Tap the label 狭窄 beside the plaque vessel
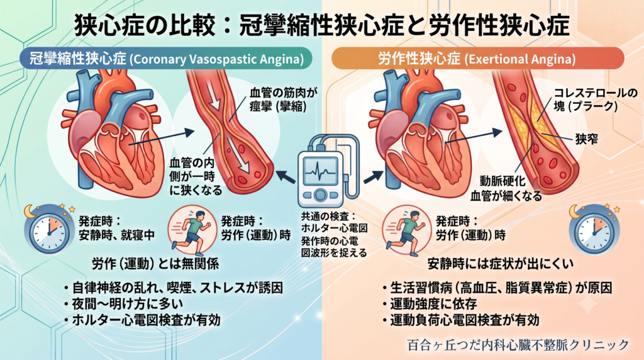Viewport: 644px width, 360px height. coord(586,139)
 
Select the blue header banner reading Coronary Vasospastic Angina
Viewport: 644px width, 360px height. coord(166,59)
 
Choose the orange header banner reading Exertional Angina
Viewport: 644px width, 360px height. coord(478,59)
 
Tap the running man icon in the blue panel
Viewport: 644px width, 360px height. coord(192,230)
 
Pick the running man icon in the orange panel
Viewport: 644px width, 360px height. coord(406,230)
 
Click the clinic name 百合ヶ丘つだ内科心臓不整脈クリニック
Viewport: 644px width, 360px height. coord(518,345)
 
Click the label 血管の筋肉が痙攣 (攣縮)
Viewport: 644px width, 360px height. coord(284,99)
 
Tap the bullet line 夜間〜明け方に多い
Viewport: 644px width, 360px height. coord(123,304)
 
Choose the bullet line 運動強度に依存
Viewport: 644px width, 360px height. coord(430,304)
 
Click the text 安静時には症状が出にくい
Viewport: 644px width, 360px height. coord(500,264)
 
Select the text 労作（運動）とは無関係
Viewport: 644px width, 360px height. coord(155,264)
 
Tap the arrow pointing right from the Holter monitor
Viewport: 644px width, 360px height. coord(373,177)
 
